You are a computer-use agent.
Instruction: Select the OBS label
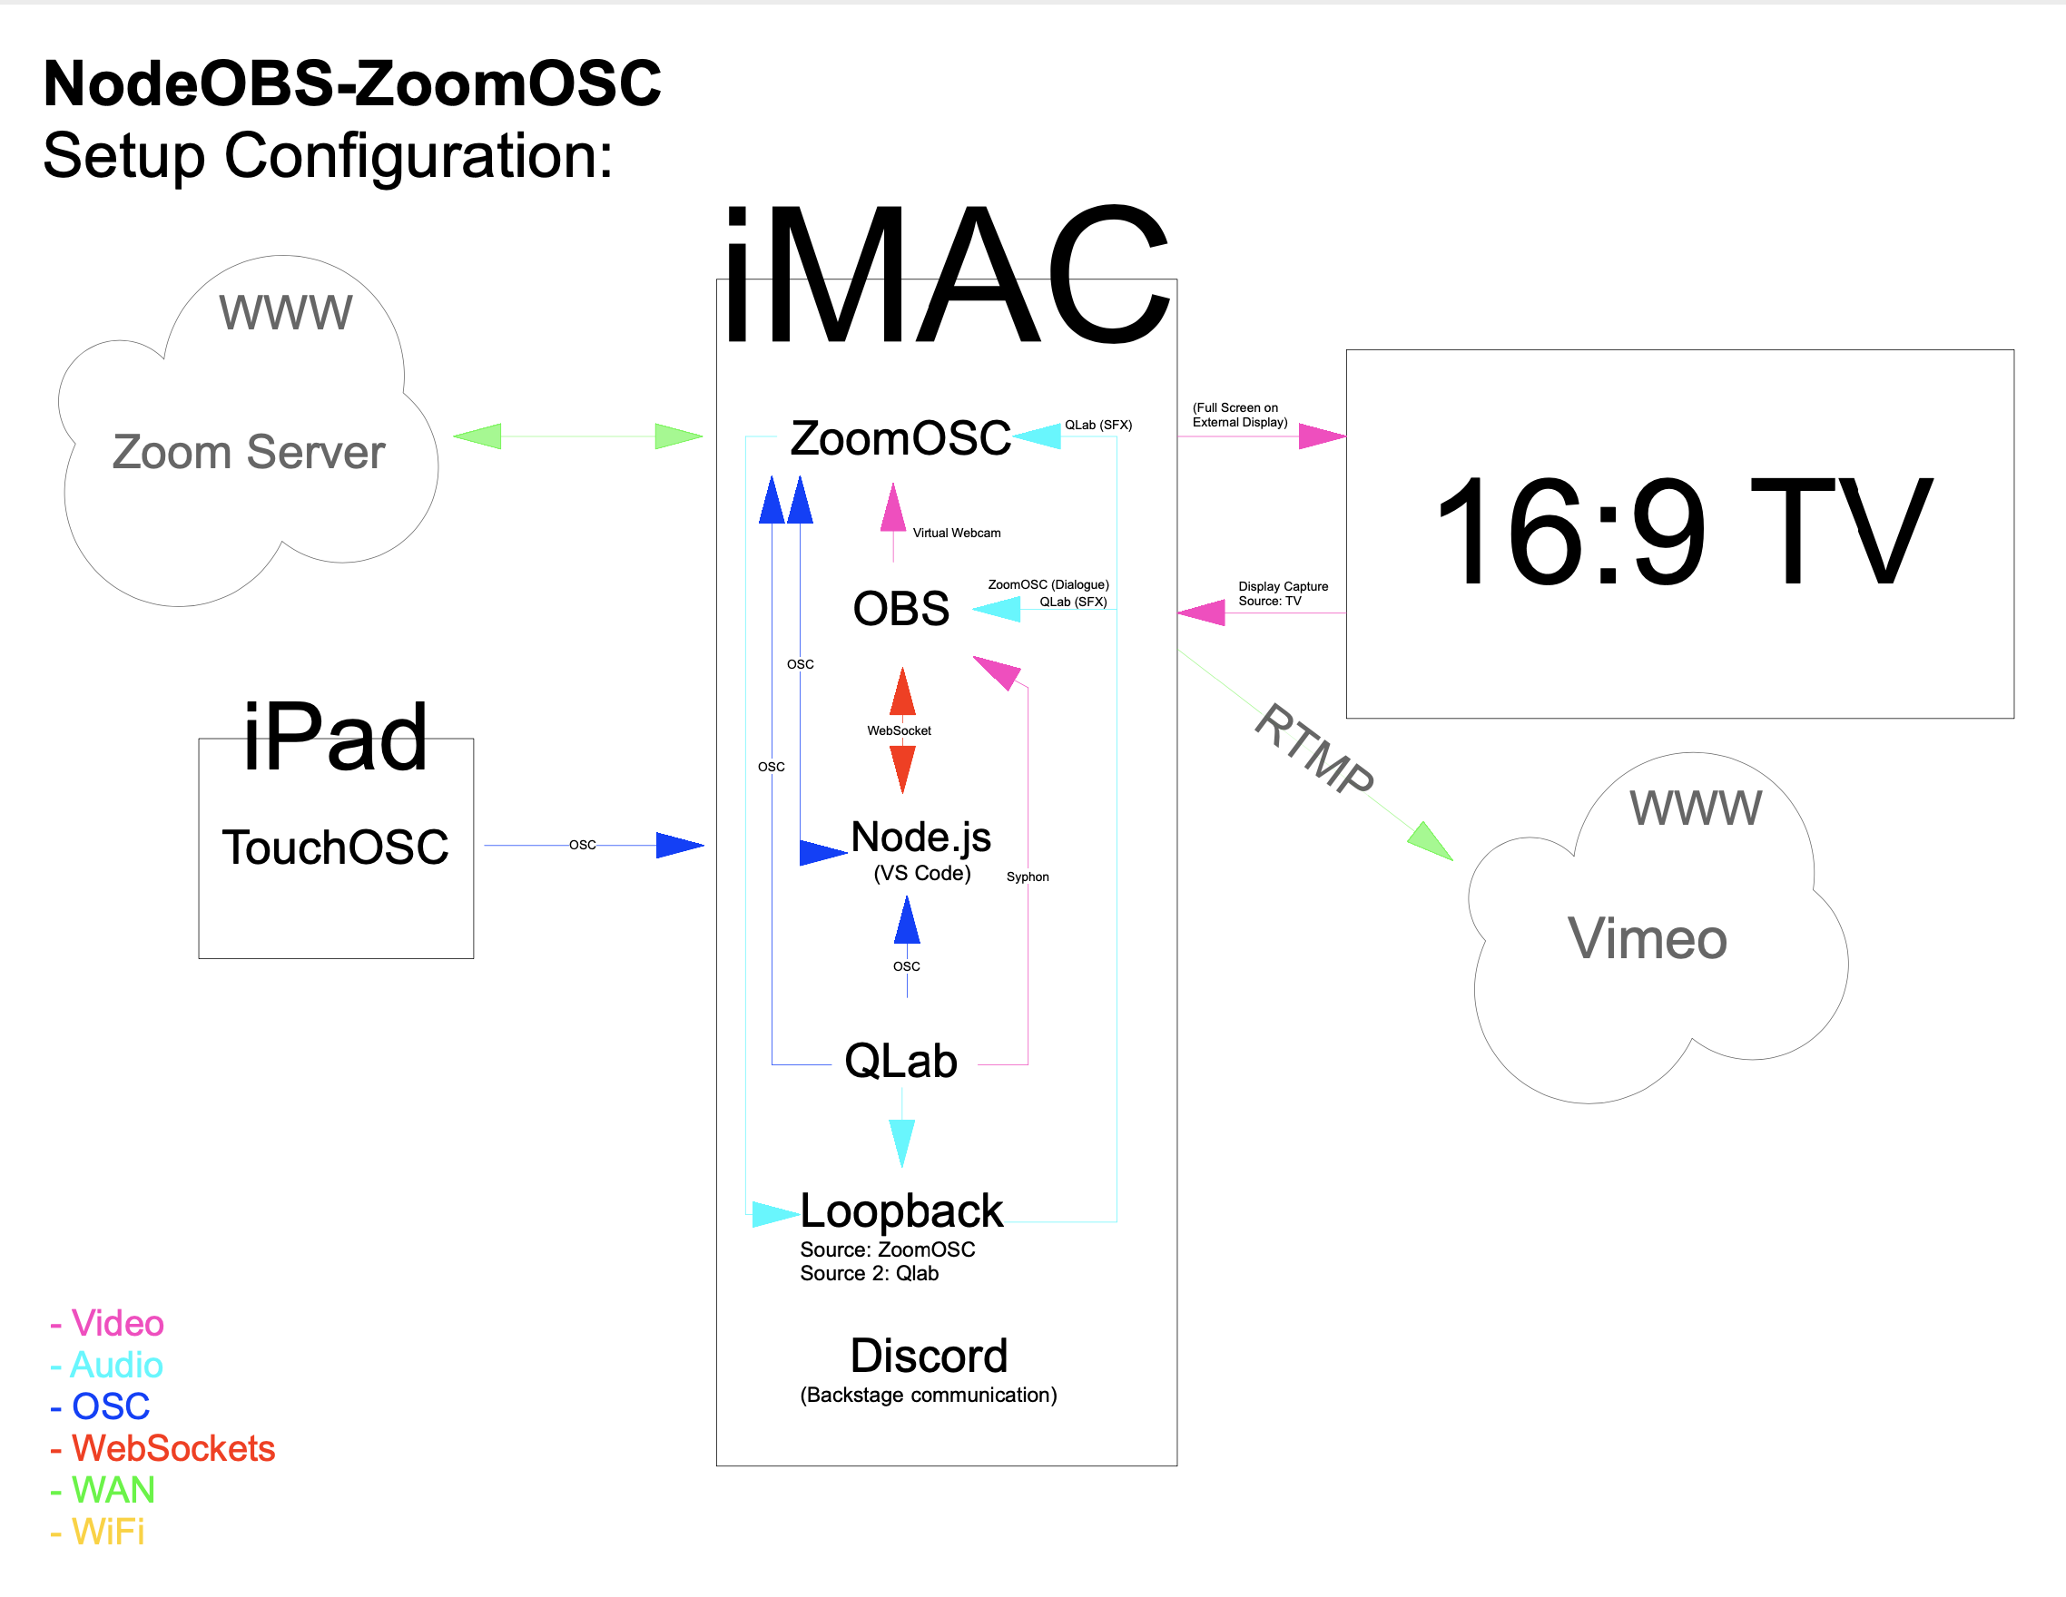900,608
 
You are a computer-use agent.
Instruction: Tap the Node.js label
920,837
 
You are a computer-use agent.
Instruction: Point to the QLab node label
900,1061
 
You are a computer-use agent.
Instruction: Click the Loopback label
900,1211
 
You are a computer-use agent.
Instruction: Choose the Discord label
929,1356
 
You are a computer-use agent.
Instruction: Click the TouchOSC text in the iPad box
335,847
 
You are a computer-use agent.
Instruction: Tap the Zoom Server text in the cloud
249,452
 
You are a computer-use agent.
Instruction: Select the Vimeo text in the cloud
1647,939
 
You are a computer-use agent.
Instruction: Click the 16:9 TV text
1683,532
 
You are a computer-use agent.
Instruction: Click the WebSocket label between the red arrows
899,730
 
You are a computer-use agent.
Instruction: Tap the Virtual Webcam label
957,534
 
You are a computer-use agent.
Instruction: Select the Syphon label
1028,877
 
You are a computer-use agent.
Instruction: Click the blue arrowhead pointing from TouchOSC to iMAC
679,846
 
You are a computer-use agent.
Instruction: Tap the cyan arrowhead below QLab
901,1141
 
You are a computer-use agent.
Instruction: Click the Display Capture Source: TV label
1283,593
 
